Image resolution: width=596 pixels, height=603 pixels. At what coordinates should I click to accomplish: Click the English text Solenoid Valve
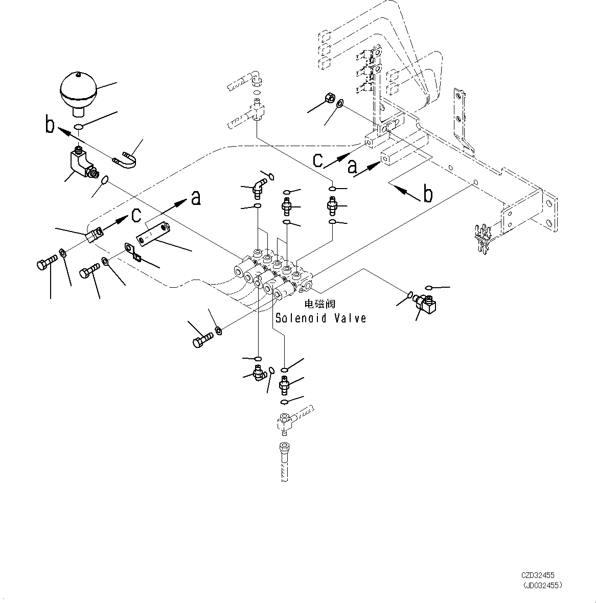(320, 318)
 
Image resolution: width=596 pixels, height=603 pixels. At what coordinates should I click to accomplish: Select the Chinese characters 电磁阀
(320, 304)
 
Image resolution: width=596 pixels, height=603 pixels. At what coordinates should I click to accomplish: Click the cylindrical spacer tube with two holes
(152, 231)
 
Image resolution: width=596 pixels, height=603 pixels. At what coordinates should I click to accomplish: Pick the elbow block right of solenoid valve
(425, 304)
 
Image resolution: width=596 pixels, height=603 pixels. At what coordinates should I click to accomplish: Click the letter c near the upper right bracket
(318, 160)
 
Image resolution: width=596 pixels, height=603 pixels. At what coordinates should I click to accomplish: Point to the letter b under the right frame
(428, 195)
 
